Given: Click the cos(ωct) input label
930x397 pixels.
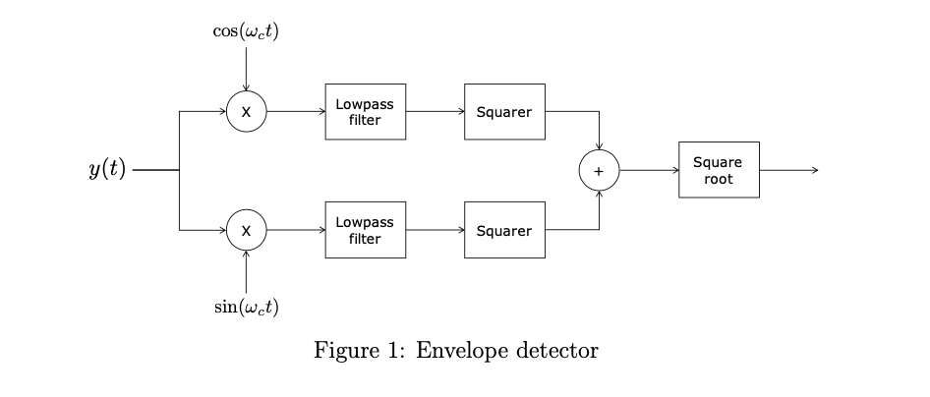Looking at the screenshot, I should pyautogui.click(x=246, y=30).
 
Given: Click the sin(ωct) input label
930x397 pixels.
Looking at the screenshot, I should pyautogui.click(x=246, y=307).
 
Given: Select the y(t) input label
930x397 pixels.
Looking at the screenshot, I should pyautogui.click(x=107, y=170).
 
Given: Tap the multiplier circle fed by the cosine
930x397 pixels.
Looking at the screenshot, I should pyautogui.click(x=246, y=112).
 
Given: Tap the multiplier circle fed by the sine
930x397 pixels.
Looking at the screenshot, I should pyautogui.click(x=246, y=231).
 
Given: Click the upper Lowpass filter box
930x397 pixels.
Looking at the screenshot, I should pyautogui.click(x=365, y=112).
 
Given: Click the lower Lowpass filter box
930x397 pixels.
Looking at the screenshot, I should pyautogui.click(x=365, y=231).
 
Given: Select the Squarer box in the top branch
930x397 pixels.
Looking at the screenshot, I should pyautogui.click(x=503, y=112).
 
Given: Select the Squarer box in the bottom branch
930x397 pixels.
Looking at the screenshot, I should pyautogui.click(x=503, y=231).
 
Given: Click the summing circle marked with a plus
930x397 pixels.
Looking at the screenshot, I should pyautogui.click(x=599, y=170).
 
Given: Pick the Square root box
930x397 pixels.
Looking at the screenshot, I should pyautogui.click(x=718, y=170).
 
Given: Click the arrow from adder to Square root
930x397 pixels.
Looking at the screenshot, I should pyautogui.click(x=648, y=170).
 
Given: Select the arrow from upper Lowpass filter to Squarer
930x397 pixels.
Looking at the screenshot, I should pyautogui.click(x=435, y=112).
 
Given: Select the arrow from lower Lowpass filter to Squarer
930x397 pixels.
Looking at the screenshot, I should pyautogui.click(x=435, y=231).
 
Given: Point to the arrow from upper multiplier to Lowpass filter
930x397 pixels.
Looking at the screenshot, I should pyautogui.click(x=295, y=112).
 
